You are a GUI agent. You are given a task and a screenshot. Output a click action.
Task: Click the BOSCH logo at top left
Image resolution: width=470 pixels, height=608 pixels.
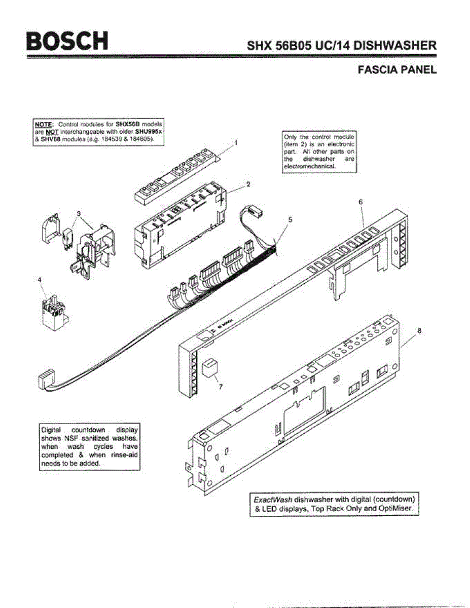[67, 41]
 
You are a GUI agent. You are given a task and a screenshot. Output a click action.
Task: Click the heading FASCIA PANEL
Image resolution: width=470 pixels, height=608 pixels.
[397, 70]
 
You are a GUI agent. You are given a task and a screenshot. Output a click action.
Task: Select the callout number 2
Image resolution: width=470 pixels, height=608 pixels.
[248, 184]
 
